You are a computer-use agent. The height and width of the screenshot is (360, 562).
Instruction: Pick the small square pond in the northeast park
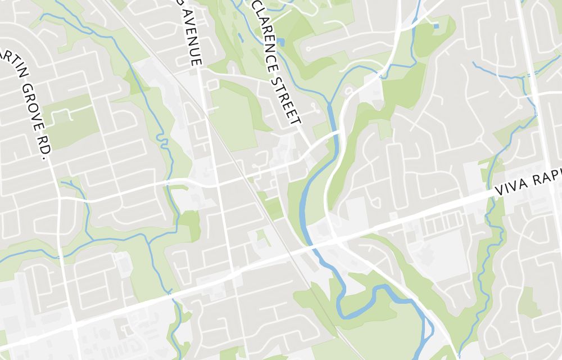coord(436,26)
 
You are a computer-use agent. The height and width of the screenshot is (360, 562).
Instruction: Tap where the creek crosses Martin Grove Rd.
coord(58,256)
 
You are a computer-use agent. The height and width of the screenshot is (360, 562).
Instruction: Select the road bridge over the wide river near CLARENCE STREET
coord(336,134)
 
